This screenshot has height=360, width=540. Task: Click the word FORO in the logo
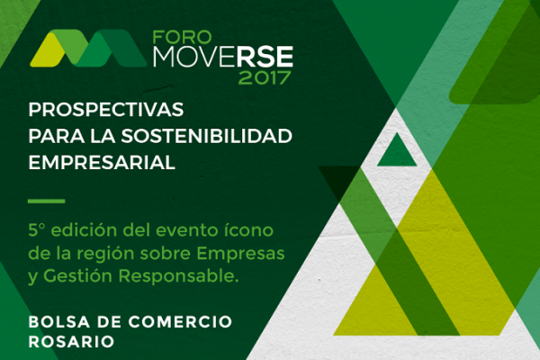[182, 37]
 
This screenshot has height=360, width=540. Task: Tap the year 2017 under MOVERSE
[265, 78]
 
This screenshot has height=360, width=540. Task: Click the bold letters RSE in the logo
[265, 57]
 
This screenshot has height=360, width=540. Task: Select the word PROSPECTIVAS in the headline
[105, 110]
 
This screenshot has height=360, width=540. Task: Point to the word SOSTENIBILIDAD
[206, 136]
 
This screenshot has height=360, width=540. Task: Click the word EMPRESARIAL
[102, 162]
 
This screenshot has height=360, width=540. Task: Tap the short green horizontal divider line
[47, 202]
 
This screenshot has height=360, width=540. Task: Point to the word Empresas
[240, 254]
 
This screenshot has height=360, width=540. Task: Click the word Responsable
[179, 275]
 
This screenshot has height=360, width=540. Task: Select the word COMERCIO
[180, 322]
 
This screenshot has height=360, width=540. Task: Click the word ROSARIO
[71, 342]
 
